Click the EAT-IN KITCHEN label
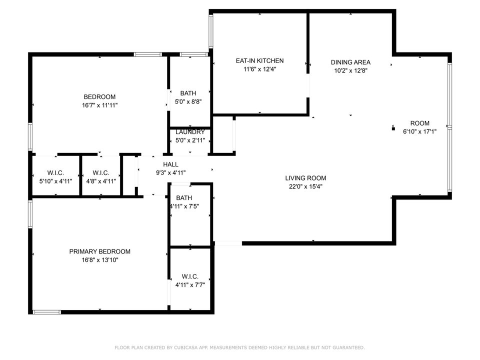259,61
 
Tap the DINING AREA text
350,62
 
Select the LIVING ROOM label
305,178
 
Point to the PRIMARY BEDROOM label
99,251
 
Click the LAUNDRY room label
190,132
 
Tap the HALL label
170,164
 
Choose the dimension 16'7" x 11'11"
99,105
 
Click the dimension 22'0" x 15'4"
305,186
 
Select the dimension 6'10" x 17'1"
419,132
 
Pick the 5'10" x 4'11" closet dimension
56,181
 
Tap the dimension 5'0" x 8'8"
188,101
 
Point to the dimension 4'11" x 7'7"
190,285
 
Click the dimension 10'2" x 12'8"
350,71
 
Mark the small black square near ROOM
393,128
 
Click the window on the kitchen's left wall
211,31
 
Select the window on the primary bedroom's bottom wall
46,312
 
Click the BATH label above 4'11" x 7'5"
184,198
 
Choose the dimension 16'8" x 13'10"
99,260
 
